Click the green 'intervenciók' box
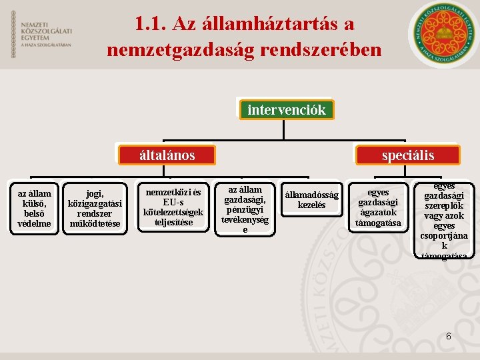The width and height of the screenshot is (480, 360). point(286,110)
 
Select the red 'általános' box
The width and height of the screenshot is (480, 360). point(167,155)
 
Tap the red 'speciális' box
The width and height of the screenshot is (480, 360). point(407,155)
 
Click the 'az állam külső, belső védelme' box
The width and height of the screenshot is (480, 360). point(35,207)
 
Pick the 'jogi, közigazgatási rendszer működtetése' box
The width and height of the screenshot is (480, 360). point(95,207)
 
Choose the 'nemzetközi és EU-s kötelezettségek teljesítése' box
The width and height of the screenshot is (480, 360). point(173,207)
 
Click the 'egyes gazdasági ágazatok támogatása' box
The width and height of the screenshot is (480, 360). point(378,207)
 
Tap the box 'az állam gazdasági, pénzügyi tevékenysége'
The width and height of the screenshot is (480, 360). point(245,209)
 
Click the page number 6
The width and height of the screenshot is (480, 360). point(449,337)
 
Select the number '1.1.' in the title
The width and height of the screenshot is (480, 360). point(150,23)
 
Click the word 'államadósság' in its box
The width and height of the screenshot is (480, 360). point(311,195)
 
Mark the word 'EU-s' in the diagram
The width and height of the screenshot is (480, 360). point(173,203)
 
